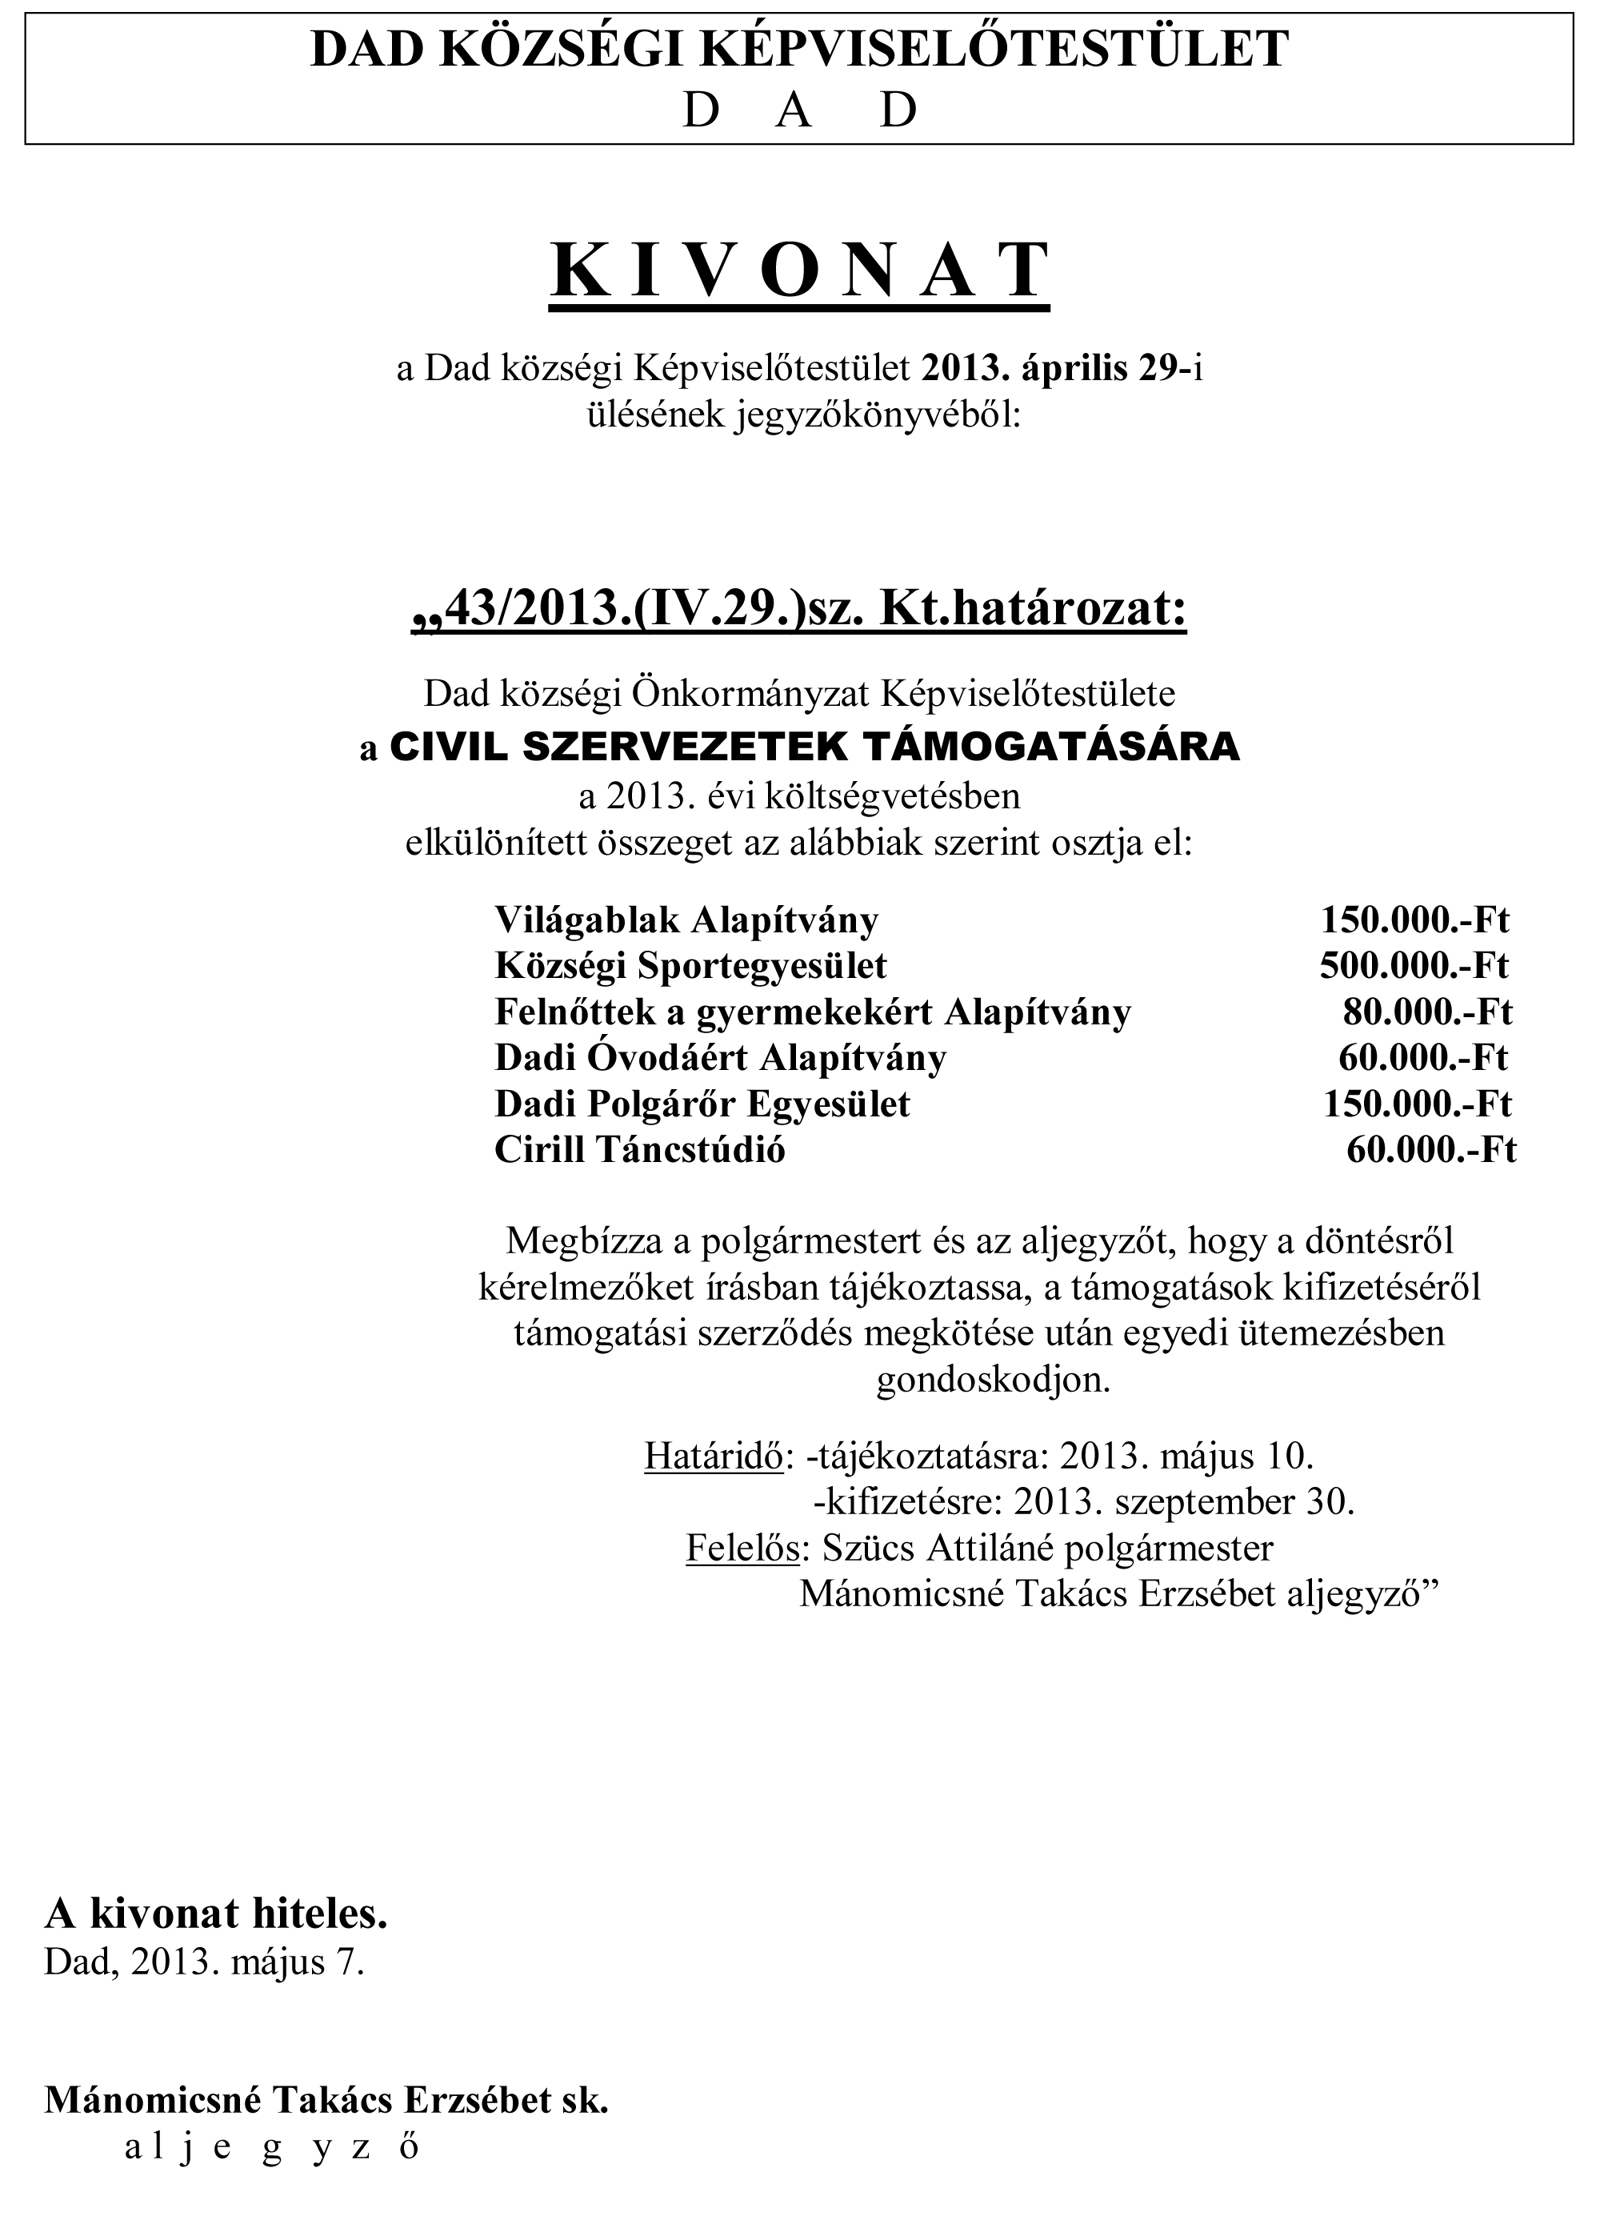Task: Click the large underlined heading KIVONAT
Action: point(800,270)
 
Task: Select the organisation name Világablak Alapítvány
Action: point(686,920)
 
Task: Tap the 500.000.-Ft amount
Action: point(1414,965)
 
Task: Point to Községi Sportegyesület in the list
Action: point(690,965)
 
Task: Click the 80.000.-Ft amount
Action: point(1427,1011)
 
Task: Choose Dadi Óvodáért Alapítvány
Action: point(720,1057)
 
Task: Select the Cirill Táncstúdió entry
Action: point(639,1149)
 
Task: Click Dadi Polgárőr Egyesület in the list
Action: point(702,1103)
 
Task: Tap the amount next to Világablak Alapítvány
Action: point(1414,920)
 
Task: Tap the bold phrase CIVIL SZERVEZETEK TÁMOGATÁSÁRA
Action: point(814,747)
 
